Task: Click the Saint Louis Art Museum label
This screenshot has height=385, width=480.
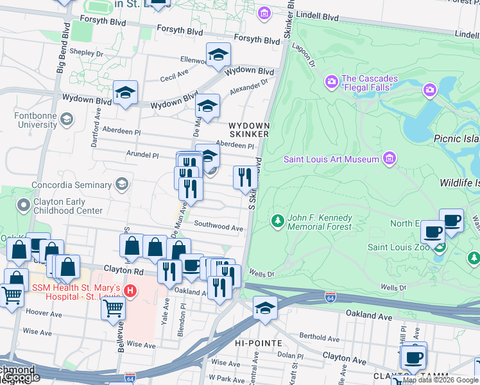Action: pos(332,159)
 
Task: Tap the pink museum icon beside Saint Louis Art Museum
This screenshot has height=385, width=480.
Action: pos(388,158)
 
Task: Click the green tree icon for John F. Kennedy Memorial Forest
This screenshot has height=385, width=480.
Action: pos(277,221)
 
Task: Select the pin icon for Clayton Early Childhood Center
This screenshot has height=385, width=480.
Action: pos(24,205)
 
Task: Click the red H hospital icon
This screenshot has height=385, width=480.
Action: pos(130,291)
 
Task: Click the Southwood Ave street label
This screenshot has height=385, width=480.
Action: pos(218,227)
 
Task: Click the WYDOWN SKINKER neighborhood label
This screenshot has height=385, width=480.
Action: pos(248,130)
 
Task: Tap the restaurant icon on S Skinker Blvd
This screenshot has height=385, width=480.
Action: pos(245,178)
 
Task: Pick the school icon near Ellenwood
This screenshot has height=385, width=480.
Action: pos(218,55)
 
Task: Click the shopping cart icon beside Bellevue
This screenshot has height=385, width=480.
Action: pos(114,308)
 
